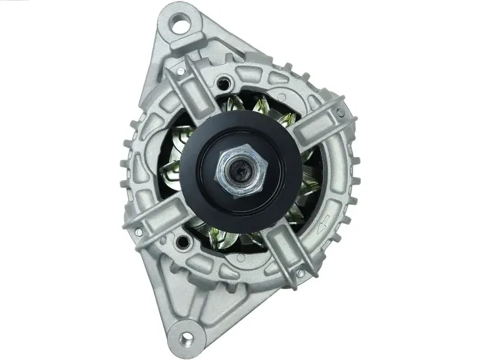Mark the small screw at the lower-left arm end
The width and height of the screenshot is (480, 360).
[x=139, y=232]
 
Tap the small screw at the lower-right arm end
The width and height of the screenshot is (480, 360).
[x=300, y=272]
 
